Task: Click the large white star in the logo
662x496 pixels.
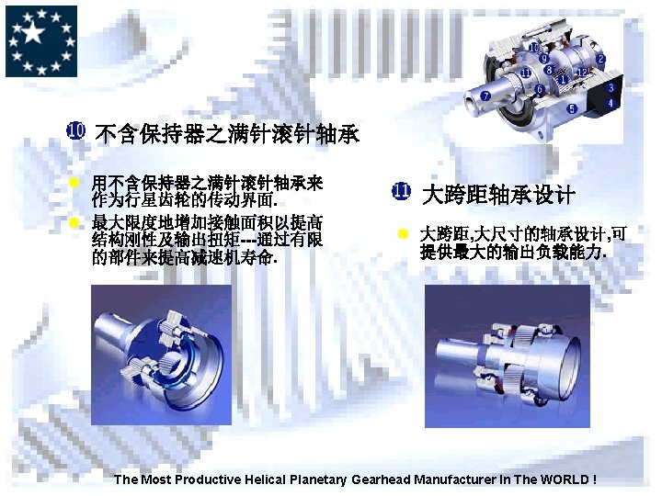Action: click(x=32, y=32)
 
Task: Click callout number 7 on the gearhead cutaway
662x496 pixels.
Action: click(x=485, y=96)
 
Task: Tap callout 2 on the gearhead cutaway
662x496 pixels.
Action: click(x=600, y=59)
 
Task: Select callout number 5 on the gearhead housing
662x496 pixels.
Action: click(x=572, y=108)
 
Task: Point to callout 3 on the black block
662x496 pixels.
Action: click(x=611, y=88)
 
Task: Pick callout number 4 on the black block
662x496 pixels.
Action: click(x=611, y=103)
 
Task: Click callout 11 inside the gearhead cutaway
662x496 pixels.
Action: click(x=525, y=73)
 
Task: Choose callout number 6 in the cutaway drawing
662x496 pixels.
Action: click(x=539, y=89)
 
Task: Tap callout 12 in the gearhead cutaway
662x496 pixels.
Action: click(x=582, y=73)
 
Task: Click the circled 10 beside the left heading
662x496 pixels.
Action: click(x=76, y=130)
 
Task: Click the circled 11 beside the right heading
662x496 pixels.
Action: click(x=401, y=191)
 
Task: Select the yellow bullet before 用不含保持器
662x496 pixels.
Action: click(x=74, y=182)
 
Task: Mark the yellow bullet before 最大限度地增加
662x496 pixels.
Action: click(x=74, y=222)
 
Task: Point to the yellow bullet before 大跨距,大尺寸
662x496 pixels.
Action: click(x=403, y=233)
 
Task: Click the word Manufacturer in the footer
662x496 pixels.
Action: click(x=455, y=479)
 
